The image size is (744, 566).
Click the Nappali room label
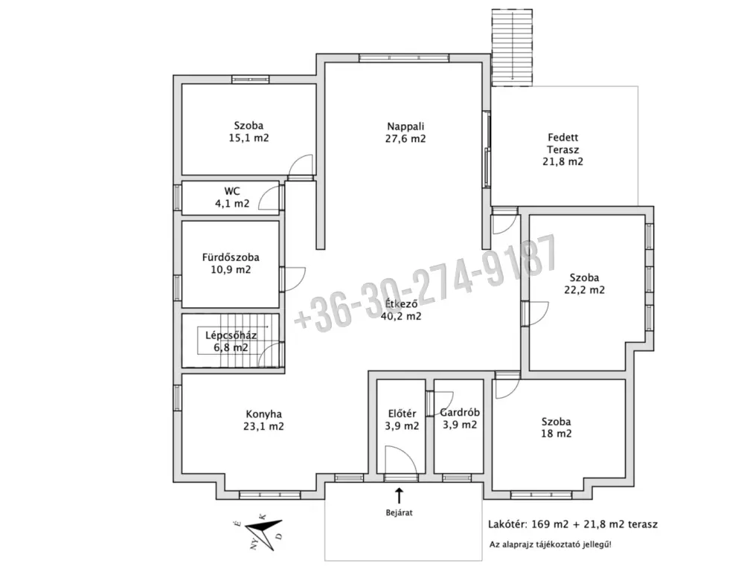405,132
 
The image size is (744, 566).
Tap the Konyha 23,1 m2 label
263,420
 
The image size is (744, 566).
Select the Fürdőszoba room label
231,263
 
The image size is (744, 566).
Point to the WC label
232,197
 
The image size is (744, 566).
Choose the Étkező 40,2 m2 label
401,310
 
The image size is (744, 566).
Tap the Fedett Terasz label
562,149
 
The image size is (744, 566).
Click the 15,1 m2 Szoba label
248,132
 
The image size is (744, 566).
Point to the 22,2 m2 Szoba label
584,283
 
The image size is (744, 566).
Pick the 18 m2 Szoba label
556,428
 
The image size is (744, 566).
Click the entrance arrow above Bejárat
399,495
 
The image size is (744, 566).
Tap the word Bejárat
399,512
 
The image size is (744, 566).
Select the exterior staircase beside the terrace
512,48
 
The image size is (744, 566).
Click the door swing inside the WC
269,198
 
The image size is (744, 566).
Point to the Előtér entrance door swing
401,460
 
